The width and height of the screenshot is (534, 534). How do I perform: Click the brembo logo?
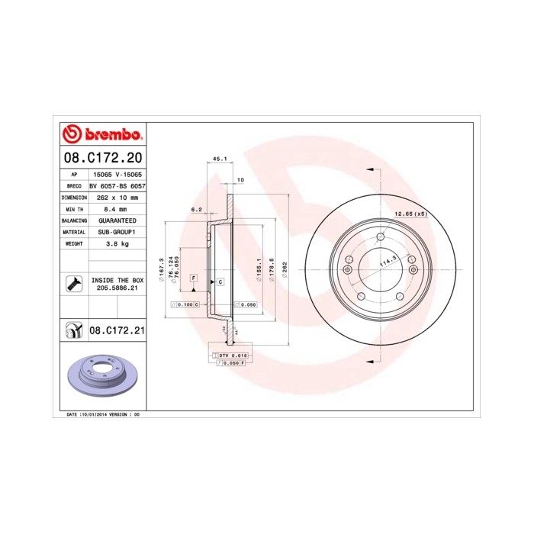[x=102, y=135]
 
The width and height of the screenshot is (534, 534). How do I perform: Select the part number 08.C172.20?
[x=102, y=159]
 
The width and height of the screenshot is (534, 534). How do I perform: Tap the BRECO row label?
[x=74, y=185]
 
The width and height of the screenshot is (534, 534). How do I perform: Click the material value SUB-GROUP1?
[x=115, y=231]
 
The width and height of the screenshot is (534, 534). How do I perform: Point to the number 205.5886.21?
[x=117, y=289]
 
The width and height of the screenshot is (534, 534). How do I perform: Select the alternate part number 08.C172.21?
[x=117, y=330]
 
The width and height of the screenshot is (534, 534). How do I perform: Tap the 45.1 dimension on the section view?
[x=218, y=159]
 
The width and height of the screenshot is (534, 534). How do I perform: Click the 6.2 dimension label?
[x=195, y=209]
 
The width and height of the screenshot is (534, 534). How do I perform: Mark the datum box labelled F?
[x=194, y=277]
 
